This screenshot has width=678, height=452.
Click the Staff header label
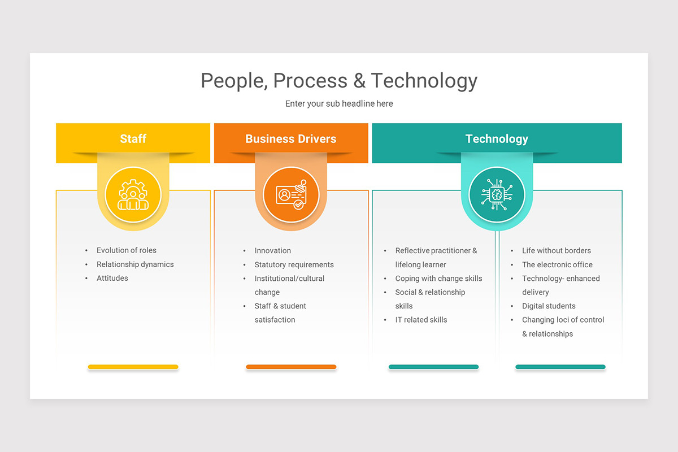point(133,139)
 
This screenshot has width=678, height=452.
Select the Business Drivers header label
point(290,139)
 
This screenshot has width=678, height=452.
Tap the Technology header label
point(497,139)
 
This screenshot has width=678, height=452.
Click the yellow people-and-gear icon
point(133,195)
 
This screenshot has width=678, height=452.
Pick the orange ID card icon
point(291,195)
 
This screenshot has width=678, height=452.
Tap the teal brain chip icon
point(497,195)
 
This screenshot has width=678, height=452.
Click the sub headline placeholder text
point(339,104)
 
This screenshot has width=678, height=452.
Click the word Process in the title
point(311,81)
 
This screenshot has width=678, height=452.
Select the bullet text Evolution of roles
point(126,250)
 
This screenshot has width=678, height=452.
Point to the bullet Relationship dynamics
point(135,264)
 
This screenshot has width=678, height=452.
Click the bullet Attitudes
point(112,278)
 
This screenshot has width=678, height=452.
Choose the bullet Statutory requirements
point(294,264)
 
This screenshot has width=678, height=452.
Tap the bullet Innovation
point(272,250)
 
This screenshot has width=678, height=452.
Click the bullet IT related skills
point(421,320)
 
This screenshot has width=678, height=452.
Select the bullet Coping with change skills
point(438,279)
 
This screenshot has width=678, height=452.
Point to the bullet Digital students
point(549,306)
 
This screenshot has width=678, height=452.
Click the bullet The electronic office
point(557,264)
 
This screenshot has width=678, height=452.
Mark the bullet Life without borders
point(556,250)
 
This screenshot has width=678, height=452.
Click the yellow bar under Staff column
point(133,367)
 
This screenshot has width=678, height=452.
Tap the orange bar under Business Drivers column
point(291,367)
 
